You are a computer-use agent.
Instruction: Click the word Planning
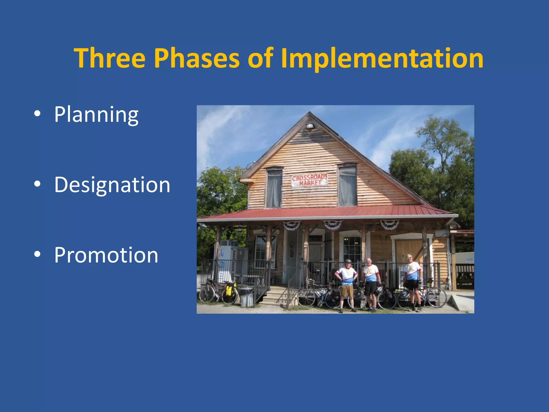point(96,115)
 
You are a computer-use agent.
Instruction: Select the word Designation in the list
point(112,185)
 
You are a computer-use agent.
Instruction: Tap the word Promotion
point(106,255)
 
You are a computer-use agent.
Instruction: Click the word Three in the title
point(110,58)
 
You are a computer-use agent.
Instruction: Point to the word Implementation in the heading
point(382,58)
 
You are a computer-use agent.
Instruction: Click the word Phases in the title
point(196,58)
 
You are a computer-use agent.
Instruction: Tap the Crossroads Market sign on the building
point(310,180)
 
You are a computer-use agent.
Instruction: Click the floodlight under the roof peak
point(310,126)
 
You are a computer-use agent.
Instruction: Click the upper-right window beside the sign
point(347,186)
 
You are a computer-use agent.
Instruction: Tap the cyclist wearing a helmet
point(347,284)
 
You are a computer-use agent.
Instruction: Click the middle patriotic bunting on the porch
point(333,225)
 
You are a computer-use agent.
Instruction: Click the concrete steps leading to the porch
point(275,295)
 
